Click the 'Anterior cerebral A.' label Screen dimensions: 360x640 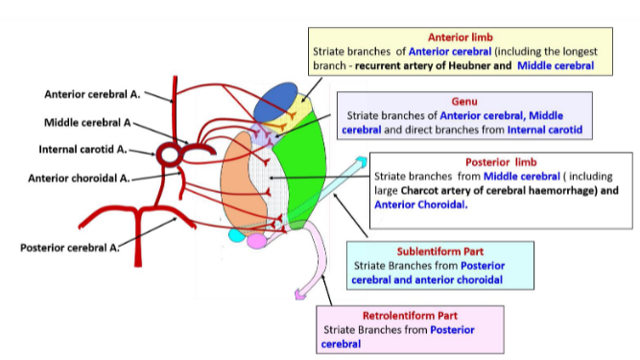pyautogui.click(x=92, y=94)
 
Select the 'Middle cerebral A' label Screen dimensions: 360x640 pyautogui.click(x=85, y=123)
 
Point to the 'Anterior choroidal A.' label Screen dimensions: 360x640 pyautogui.click(x=79, y=178)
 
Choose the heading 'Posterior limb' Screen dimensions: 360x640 pyautogui.click(x=504, y=162)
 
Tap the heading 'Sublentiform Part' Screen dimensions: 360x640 pyautogui.click(x=425, y=251)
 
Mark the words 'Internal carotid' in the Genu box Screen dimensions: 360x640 pyautogui.click(x=546, y=129)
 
